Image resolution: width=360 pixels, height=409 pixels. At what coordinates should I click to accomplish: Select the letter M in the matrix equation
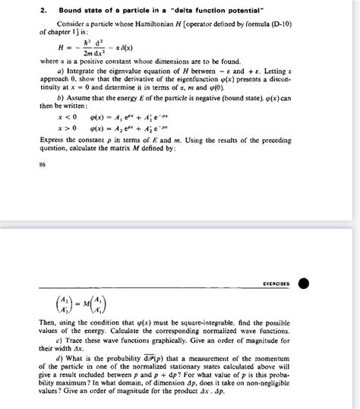82,306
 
